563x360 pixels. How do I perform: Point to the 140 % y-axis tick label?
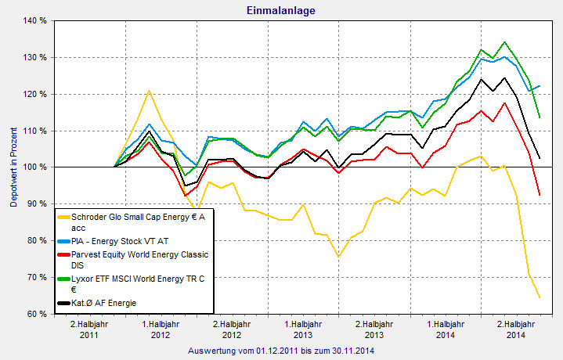35,21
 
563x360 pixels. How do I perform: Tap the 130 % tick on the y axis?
35,58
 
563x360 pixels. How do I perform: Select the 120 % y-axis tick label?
35,94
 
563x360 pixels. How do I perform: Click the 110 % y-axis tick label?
35,131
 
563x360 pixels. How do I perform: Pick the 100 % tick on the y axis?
35,167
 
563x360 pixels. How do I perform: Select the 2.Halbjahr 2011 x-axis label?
89,329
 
